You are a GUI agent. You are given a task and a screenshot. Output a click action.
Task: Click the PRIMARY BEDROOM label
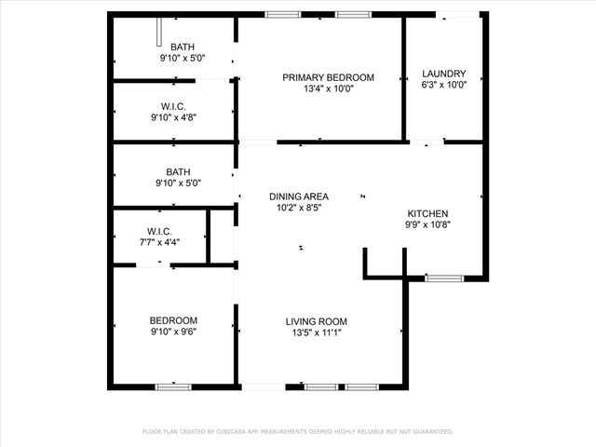pyautogui.click(x=328, y=77)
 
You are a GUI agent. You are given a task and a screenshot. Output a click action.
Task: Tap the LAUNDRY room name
pyautogui.click(x=443, y=73)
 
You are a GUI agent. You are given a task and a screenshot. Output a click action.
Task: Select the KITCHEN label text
pyautogui.click(x=427, y=213)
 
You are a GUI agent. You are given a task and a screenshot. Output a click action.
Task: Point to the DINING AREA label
pyautogui.click(x=299, y=196)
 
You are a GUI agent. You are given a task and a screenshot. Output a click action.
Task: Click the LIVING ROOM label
pyautogui.click(x=317, y=321)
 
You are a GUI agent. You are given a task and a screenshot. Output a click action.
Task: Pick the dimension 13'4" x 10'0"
pyautogui.click(x=328, y=89)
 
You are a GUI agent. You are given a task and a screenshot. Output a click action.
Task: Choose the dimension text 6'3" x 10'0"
pyautogui.click(x=443, y=85)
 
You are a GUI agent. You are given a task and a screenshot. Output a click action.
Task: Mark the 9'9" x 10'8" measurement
pyautogui.click(x=427, y=224)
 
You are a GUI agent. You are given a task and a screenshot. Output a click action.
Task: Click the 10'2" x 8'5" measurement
pyautogui.click(x=299, y=209)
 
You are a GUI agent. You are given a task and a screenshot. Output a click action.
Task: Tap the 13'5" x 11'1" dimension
pyautogui.click(x=317, y=332)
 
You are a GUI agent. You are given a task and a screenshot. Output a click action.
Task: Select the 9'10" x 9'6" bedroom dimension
pyautogui.click(x=173, y=331)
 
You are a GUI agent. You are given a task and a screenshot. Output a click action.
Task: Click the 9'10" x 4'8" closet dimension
pyautogui.click(x=173, y=117)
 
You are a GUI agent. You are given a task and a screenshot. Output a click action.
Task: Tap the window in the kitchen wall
pyautogui.click(x=443, y=278)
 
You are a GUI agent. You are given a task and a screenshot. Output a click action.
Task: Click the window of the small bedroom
pyautogui.click(x=173, y=386)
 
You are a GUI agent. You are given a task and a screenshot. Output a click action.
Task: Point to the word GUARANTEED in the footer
pyautogui.click(x=428, y=432)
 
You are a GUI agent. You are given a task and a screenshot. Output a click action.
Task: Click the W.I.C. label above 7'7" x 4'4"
pyautogui.click(x=157, y=230)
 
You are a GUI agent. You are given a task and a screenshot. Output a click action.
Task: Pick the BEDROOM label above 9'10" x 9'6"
pyautogui.click(x=173, y=319)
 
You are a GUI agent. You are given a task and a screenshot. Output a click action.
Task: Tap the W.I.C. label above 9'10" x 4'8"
pyautogui.click(x=173, y=105)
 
